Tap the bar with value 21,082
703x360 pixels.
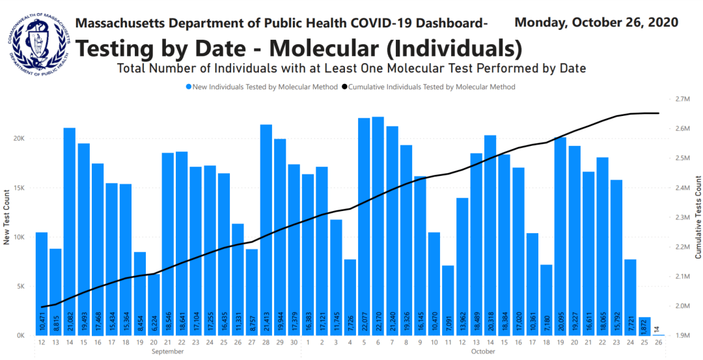[x=69, y=231]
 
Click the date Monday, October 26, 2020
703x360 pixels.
[x=596, y=22]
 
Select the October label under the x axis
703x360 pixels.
[x=483, y=352]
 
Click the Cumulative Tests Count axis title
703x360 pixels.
[x=697, y=216]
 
